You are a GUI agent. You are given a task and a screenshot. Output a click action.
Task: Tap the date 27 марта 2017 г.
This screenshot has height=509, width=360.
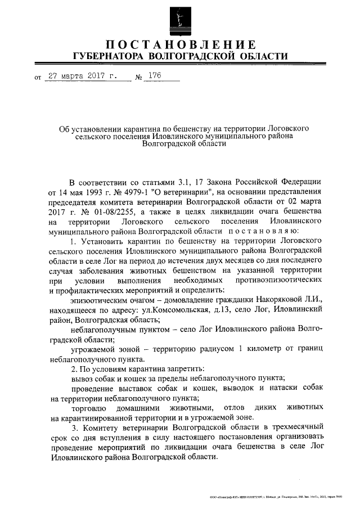pos(82,76)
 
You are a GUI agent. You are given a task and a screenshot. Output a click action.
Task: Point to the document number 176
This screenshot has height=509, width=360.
pos(154,76)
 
